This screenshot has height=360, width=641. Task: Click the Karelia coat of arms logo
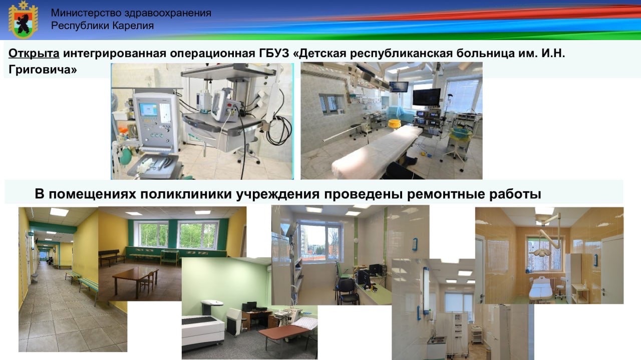coord(23,20)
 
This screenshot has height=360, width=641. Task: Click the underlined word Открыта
coord(34,53)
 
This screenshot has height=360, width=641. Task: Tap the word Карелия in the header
coord(133,26)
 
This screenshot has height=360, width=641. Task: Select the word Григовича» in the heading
coord(43,70)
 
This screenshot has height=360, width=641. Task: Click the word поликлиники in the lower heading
coord(186,194)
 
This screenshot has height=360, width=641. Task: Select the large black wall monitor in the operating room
coord(426,97)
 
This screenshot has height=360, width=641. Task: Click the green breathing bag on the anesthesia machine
coord(125,156)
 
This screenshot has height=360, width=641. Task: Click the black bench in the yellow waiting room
coord(111,257)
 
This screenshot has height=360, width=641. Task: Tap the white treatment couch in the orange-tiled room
coord(540,289)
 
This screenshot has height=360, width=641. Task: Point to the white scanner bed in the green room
coord(203,328)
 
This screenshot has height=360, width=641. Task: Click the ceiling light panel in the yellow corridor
coord(59,212)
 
